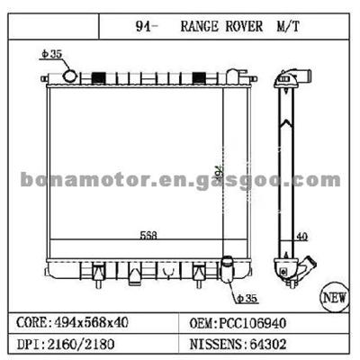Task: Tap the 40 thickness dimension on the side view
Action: coord(303,238)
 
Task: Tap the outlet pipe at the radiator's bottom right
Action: coord(230,270)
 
